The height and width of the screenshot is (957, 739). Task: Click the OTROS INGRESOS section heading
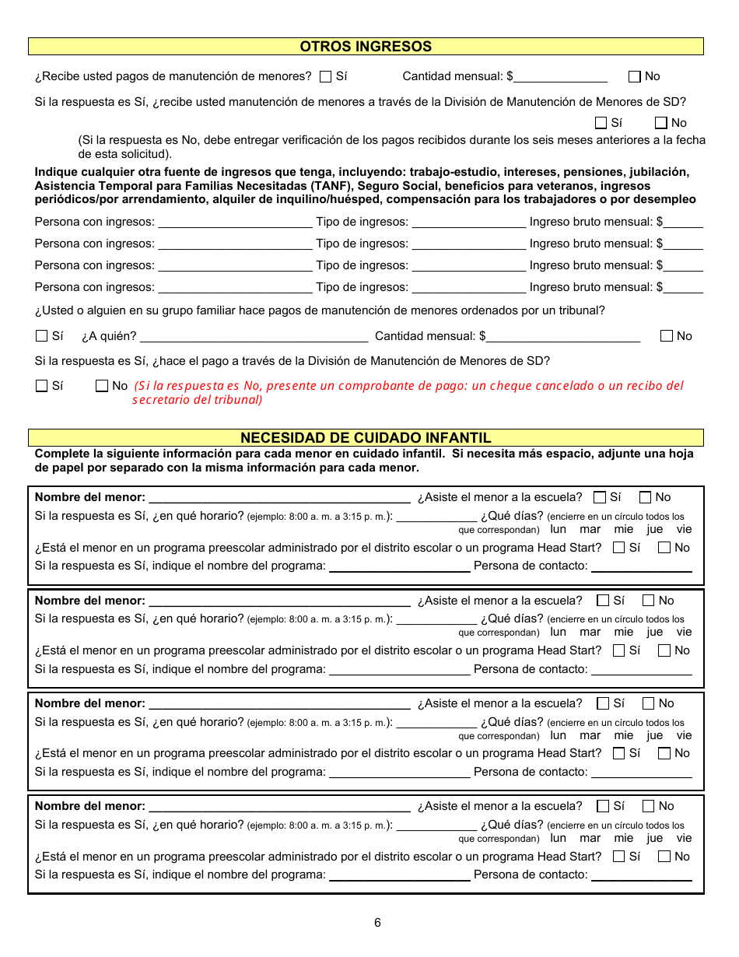(366, 47)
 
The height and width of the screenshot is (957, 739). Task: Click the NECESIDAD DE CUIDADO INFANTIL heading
(366, 438)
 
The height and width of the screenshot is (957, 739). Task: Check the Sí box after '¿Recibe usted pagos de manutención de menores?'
(326, 76)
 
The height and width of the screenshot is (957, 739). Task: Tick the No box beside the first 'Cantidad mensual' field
(634, 76)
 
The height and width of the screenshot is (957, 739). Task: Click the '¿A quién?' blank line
(254, 337)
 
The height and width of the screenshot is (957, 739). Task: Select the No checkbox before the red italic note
(102, 386)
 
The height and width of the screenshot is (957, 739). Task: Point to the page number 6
(377, 923)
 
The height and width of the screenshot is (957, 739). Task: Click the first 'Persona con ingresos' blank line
(234, 223)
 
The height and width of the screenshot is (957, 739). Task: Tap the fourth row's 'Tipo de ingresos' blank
(468, 288)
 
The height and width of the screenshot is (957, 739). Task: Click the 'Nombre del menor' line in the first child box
(279, 498)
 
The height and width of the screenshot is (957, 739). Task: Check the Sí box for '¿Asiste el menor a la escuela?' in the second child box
(603, 601)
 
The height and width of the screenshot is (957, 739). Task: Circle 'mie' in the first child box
(624, 530)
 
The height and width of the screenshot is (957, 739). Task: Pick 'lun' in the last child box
(559, 839)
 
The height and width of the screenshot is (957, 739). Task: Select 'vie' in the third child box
(684, 735)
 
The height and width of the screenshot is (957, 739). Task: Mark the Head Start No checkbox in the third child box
(664, 753)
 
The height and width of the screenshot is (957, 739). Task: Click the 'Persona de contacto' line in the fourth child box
(641, 875)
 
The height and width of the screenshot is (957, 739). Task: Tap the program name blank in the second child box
(400, 670)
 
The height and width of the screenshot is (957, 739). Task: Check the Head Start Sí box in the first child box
(619, 548)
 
